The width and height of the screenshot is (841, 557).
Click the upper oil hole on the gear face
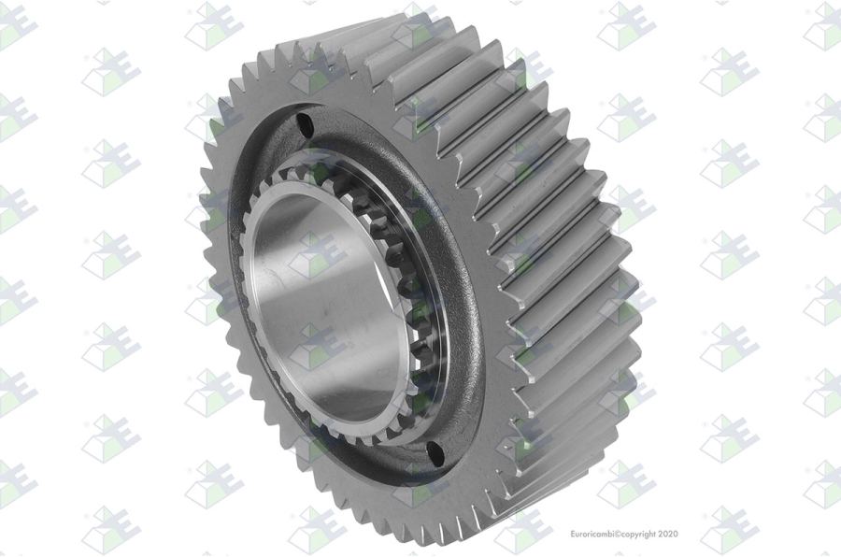306,124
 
